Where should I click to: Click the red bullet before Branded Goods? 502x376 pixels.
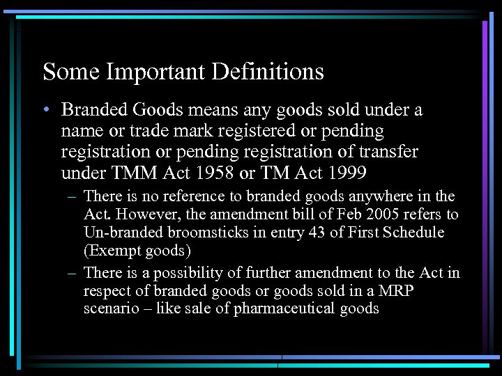tap(46, 110)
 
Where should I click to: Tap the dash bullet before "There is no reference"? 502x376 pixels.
tap(73, 197)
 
